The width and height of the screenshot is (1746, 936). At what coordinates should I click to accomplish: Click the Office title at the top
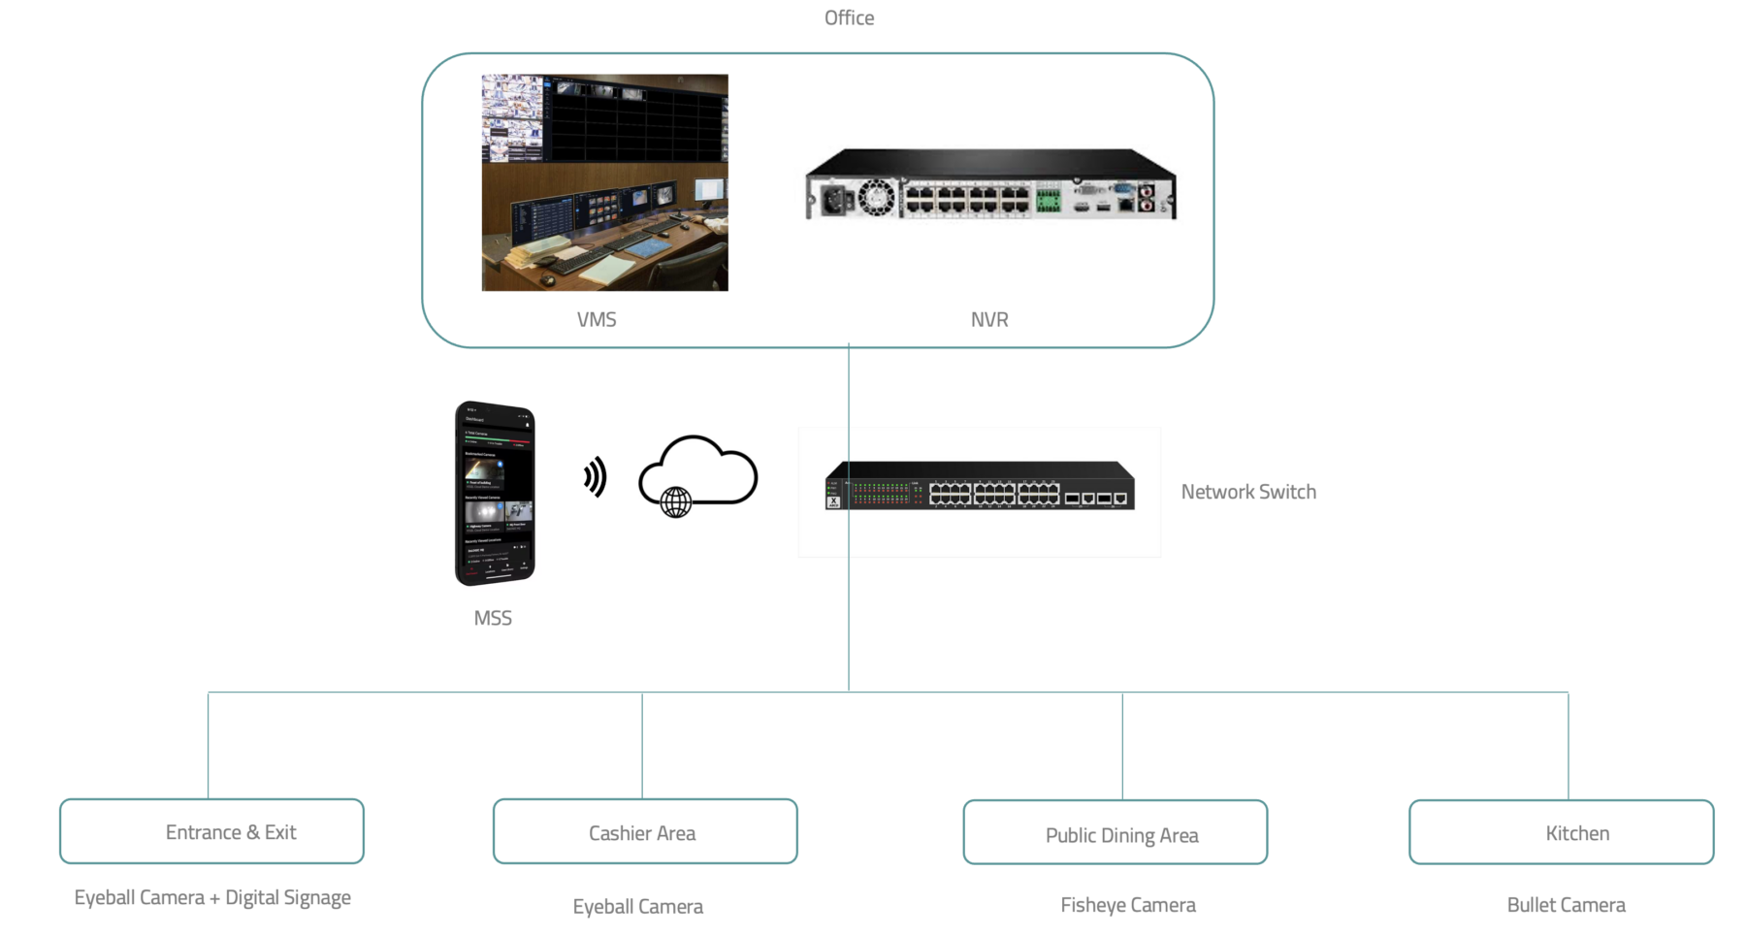849,17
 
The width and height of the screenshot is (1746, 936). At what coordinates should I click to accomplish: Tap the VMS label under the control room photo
597,319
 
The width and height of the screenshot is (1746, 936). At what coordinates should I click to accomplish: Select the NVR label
989,319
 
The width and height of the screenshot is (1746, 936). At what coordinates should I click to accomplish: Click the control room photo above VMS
604,182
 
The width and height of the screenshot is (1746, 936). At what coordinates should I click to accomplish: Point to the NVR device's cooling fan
875,198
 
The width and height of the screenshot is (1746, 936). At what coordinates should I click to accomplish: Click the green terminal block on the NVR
1048,200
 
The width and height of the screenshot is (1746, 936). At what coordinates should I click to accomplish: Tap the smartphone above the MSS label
495,493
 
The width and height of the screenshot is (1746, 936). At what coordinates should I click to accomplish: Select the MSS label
493,618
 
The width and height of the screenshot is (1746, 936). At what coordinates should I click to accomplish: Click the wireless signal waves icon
596,476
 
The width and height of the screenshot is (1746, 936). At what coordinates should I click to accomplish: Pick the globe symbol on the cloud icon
676,501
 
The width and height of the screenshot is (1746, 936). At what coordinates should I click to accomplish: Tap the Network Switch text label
1248,492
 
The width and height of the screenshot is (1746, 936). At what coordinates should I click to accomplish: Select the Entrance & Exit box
211,831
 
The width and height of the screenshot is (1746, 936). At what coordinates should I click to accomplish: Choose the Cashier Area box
645,832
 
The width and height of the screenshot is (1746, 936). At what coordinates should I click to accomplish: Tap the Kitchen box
1562,832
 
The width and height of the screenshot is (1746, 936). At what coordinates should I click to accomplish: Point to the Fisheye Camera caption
1128,905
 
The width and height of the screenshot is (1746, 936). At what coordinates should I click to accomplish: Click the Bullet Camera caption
1566,905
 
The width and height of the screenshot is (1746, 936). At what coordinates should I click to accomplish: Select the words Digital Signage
288,898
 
